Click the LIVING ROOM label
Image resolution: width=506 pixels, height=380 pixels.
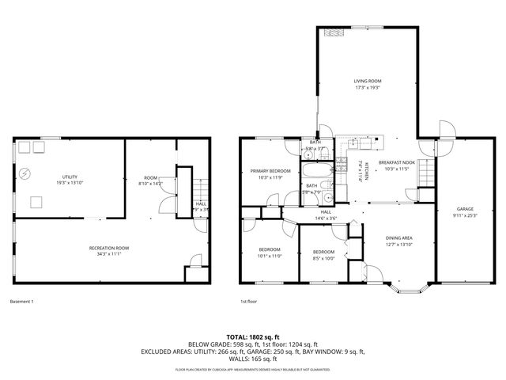pyautogui.click(x=368, y=81)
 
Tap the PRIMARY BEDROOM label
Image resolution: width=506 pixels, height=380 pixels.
pyautogui.click(x=270, y=171)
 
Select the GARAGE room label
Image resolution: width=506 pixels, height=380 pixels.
pyautogui.click(x=463, y=209)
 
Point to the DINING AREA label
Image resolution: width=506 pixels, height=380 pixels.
pyautogui.click(x=398, y=237)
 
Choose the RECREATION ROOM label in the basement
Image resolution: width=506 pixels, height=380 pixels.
pyautogui.click(x=109, y=248)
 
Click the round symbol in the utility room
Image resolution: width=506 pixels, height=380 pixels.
pyautogui.click(x=26, y=173)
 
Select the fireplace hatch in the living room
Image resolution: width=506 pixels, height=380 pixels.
pyautogui.click(x=333, y=33)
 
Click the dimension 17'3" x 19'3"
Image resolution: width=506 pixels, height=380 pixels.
pyautogui.click(x=368, y=87)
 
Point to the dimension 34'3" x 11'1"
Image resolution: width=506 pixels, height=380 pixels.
pyautogui.click(x=109, y=254)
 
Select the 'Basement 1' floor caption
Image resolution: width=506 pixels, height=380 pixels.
pyautogui.click(x=22, y=301)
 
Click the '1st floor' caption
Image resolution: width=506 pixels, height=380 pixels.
pyautogui.click(x=249, y=301)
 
